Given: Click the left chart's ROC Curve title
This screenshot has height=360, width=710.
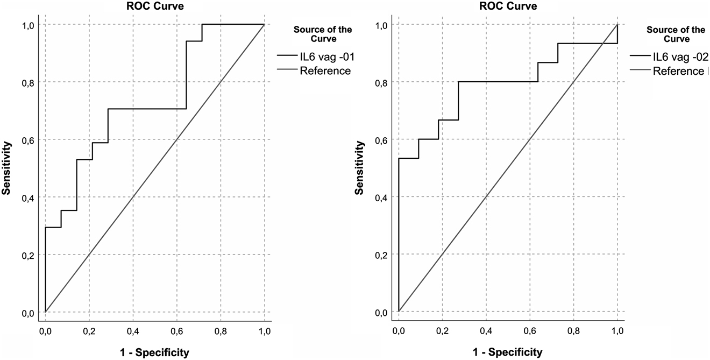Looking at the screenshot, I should [154, 6].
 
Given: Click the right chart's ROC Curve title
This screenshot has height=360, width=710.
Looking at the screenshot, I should [508, 6].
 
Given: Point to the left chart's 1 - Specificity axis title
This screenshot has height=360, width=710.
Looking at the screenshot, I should [154, 352].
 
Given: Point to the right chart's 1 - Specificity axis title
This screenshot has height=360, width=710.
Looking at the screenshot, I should [508, 352].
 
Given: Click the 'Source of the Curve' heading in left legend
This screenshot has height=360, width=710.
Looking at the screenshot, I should [319, 34].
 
